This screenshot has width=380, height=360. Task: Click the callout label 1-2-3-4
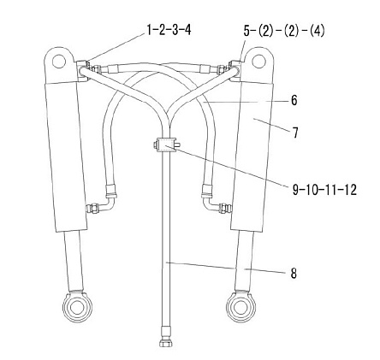point(169,30)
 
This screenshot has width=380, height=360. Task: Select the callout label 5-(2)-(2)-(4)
point(284,31)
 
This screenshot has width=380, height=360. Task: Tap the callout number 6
point(294,100)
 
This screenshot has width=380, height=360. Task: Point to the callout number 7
point(295,133)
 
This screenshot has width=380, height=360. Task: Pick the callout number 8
point(294,273)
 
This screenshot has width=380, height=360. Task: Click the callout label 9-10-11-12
point(324,189)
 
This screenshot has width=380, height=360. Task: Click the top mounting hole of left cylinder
point(59,62)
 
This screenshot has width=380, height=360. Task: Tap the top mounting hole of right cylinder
point(259,61)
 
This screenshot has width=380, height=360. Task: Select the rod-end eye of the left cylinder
point(78,307)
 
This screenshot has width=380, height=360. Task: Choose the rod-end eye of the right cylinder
point(241,307)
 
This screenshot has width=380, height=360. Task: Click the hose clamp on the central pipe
point(166,145)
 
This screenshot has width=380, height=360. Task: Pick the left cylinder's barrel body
point(66,156)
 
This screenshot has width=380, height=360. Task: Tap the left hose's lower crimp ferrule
point(110,191)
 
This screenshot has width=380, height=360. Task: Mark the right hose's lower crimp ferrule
point(207,191)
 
